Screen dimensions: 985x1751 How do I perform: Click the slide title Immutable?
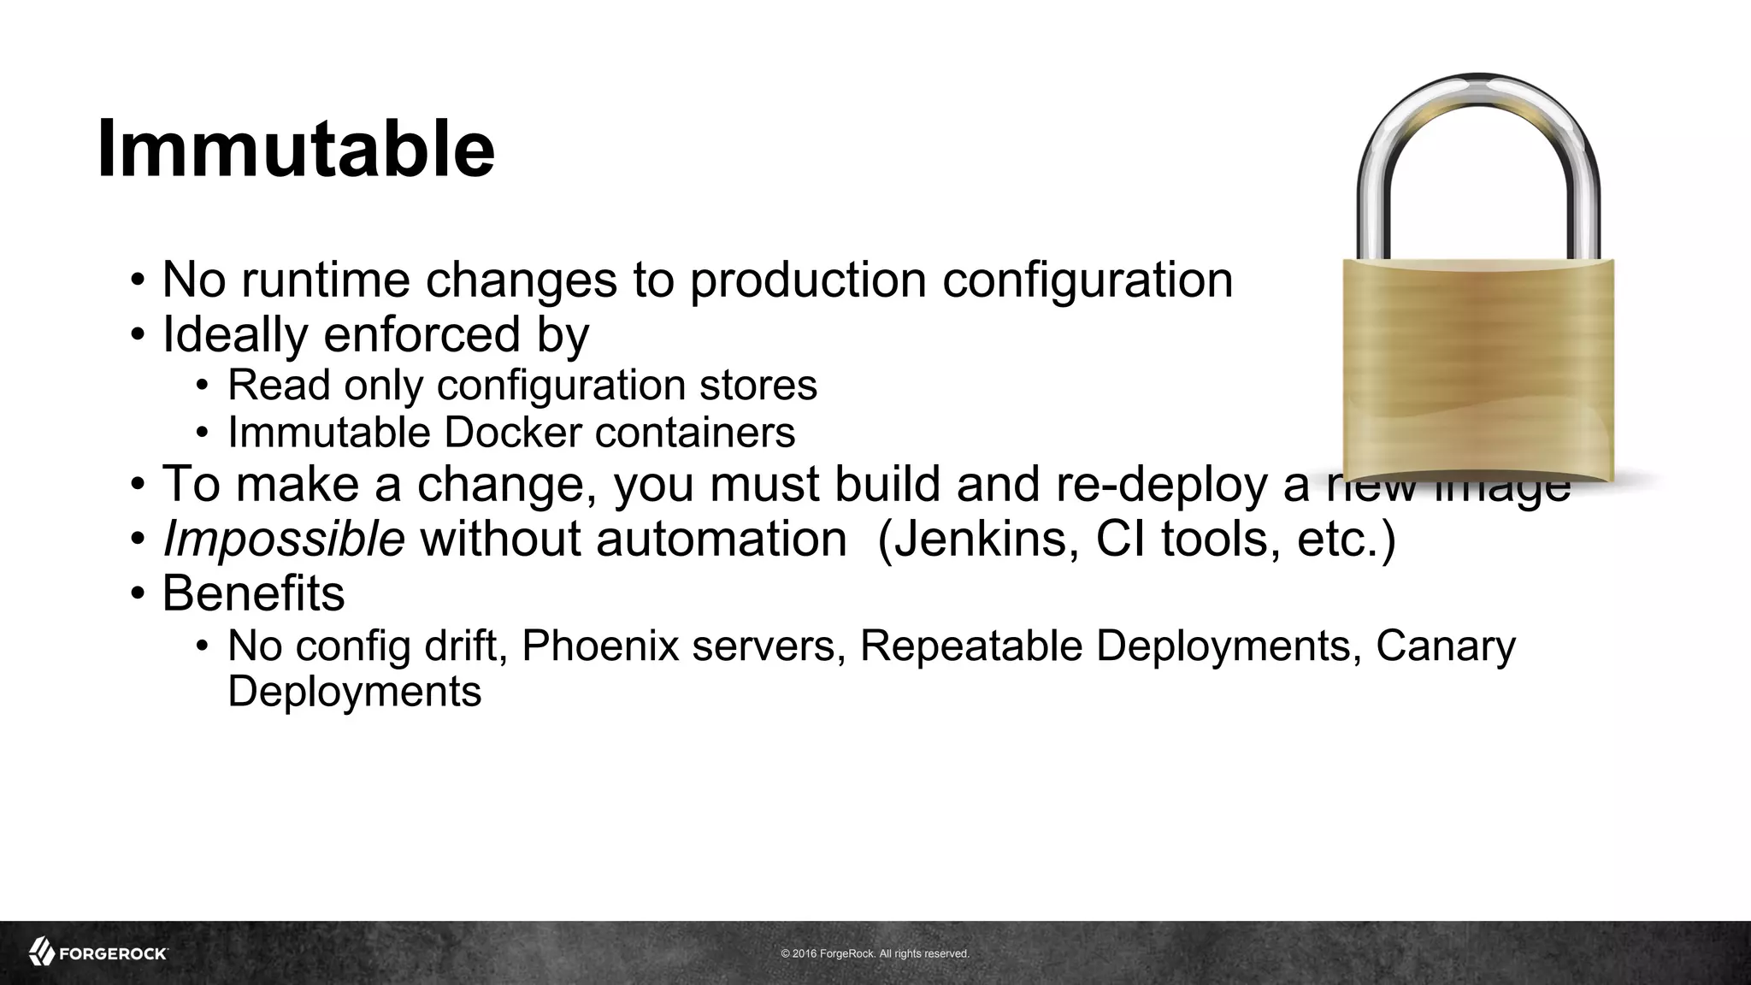click(x=296, y=149)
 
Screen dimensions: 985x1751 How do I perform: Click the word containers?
click(x=695, y=432)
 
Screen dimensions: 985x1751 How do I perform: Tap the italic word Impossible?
click(x=283, y=540)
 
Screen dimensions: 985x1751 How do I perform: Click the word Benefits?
click(x=253, y=593)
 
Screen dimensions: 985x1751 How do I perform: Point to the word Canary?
click(x=1445, y=646)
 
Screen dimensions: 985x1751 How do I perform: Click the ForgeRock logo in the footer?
click(x=98, y=953)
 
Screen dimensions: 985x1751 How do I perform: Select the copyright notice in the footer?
click(x=875, y=953)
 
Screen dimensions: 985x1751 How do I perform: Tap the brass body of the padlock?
click(x=1478, y=368)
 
